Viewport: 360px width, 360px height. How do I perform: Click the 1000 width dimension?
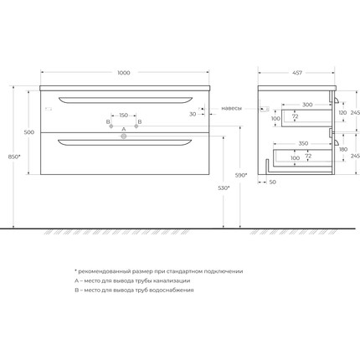124,73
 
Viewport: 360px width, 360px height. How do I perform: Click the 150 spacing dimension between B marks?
124,115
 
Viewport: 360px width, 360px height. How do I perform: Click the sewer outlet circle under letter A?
124,141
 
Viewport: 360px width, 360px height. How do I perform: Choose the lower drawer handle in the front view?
124,143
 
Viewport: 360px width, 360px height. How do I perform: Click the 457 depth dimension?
297,73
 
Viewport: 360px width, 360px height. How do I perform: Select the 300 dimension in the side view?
308,105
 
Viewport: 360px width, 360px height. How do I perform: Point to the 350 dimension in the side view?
302,142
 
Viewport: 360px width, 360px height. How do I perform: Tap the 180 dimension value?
343,149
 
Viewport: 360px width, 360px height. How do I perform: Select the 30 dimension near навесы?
193,114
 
